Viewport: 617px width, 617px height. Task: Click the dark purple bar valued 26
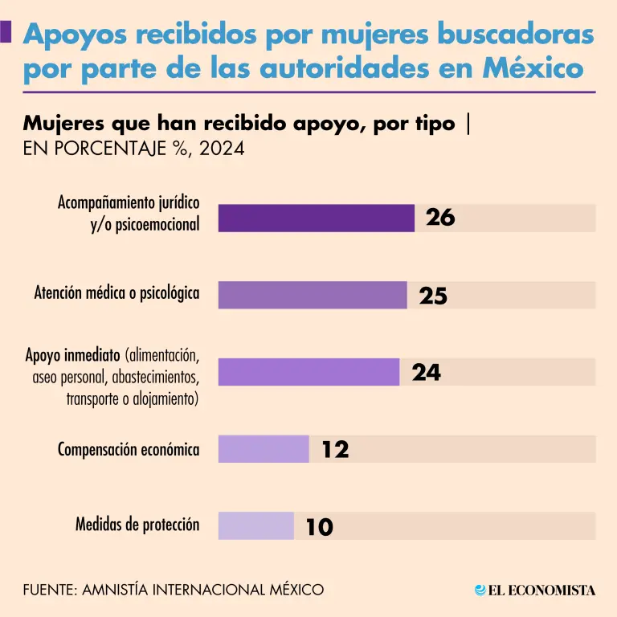pos(316,218)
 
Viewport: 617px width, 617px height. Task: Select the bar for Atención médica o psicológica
pos(313,295)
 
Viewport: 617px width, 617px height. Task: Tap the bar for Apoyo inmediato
pos(308,372)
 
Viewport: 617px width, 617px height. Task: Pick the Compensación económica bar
pos(264,449)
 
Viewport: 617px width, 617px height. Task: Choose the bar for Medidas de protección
pos(256,526)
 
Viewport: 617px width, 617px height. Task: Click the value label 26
pos(440,218)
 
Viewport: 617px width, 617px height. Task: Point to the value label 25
pos(433,296)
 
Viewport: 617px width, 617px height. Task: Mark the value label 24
pos(427,373)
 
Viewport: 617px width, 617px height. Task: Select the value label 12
pos(336,450)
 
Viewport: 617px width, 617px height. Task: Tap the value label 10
pos(319,527)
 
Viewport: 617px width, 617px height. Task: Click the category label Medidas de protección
pos(137,525)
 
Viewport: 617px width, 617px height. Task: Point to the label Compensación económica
pos(129,449)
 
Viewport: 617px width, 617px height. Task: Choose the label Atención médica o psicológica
pos(116,294)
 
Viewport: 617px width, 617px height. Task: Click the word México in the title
pos(533,68)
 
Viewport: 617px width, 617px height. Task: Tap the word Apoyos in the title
pos(74,35)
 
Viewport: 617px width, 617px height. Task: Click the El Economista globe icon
pos(480,590)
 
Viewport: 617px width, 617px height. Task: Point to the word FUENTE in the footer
pos(50,590)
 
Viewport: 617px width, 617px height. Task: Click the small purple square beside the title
pos(6,32)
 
